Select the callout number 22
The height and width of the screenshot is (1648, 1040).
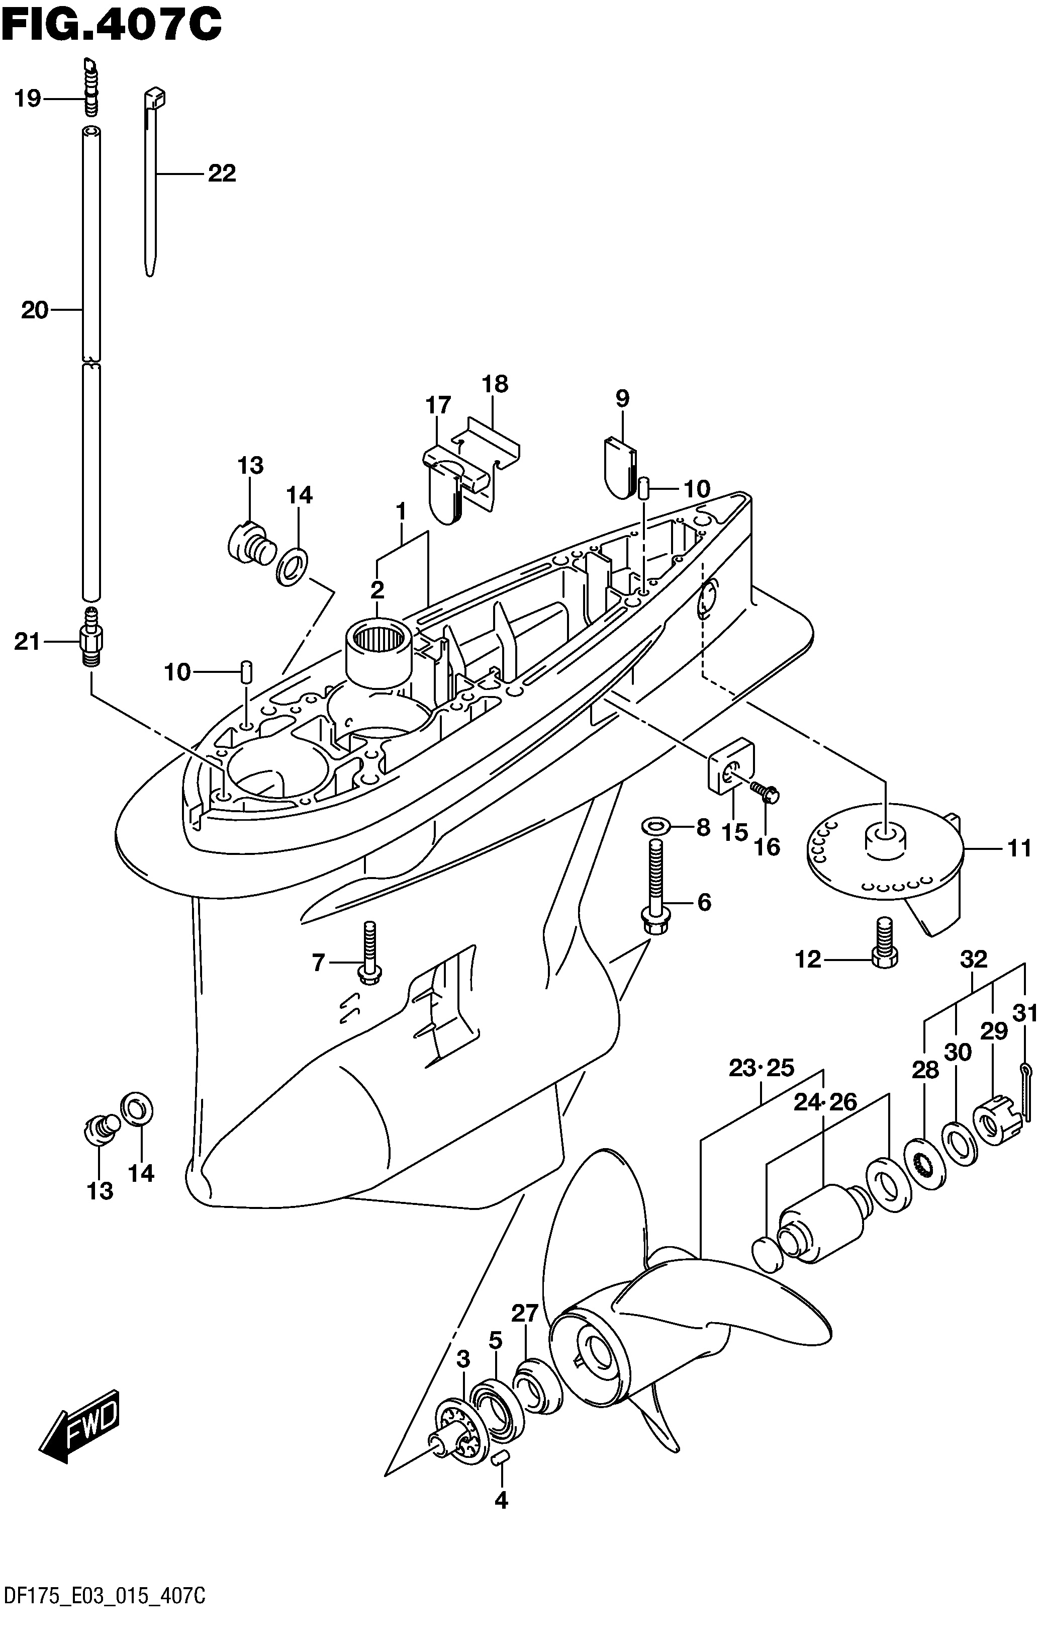coord(222,173)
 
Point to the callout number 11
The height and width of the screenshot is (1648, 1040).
coord(1019,848)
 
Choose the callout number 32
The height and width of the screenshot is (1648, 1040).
coord(974,959)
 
